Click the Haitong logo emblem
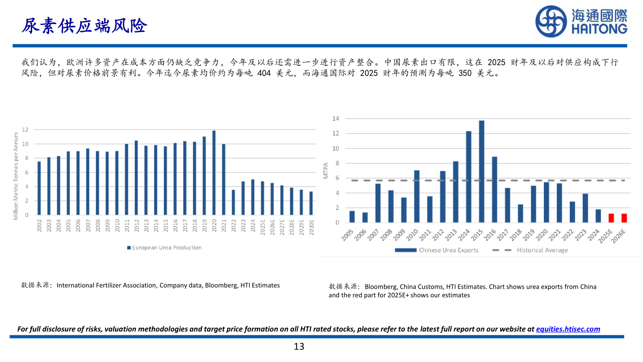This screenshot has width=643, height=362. [x=551, y=21]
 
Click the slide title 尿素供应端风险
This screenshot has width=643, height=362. [x=84, y=26]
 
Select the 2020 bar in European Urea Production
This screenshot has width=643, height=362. [x=214, y=173]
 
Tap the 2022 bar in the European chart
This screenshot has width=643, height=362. [x=234, y=202]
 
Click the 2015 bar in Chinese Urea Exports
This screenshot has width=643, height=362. [x=481, y=172]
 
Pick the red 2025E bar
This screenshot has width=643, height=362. [x=611, y=218]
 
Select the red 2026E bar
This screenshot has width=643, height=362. [x=624, y=218]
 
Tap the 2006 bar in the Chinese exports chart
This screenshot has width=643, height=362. [x=365, y=218]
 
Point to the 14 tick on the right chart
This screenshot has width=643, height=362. [x=336, y=118]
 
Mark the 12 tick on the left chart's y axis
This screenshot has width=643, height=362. [x=25, y=130]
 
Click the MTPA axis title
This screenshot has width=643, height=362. [x=326, y=171]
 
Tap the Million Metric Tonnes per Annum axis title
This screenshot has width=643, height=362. [x=16, y=176]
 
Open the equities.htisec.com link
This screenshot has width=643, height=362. [x=568, y=329]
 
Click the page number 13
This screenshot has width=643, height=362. [x=299, y=346]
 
